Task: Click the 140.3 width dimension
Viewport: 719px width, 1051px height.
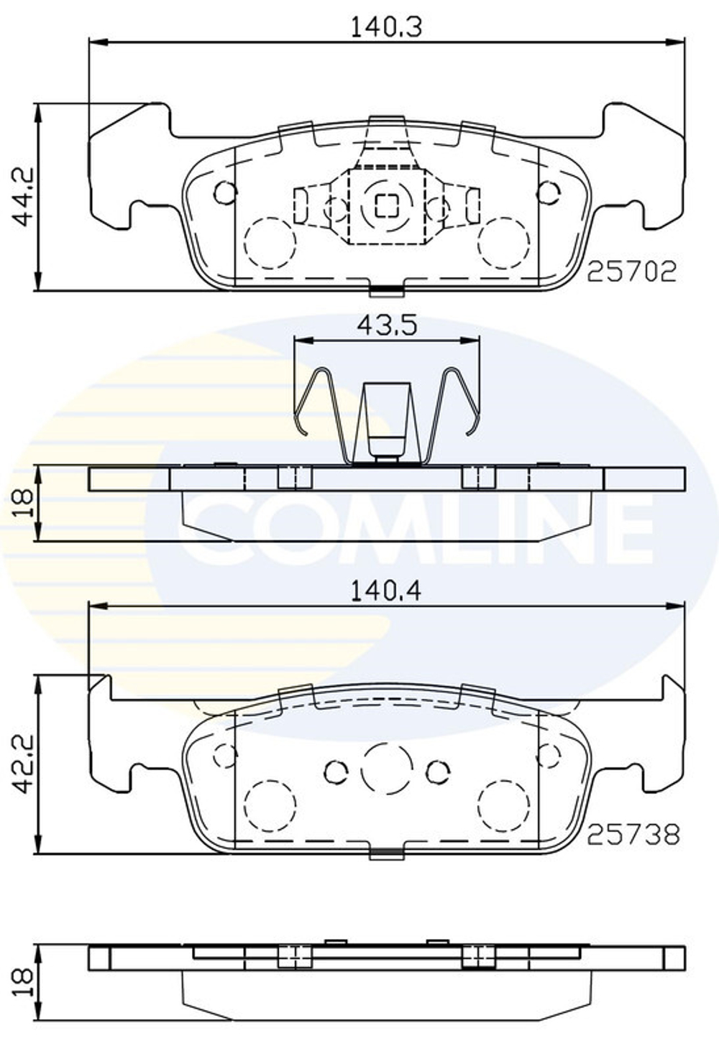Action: (385, 27)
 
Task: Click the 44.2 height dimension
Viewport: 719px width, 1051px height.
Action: (24, 198)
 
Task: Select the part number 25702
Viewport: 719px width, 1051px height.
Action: (631, 271)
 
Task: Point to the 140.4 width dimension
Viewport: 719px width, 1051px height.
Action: (385, 591)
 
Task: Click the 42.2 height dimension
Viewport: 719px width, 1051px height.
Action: (24, 764)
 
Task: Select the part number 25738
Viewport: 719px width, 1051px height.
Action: (633, 834)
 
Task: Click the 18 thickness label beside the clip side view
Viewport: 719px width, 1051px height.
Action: (23, 503)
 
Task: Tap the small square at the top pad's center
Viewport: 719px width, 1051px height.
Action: (387, 206)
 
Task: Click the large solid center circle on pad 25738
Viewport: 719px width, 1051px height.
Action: (387, 769)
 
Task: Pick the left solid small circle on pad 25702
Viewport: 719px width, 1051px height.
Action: (225, 193)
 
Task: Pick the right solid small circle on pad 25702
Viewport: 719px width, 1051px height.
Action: (549, 193)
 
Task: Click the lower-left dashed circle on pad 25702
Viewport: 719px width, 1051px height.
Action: (270, 243)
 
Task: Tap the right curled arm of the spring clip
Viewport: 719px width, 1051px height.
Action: (461, 402)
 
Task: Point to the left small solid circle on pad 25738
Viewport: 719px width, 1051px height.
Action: (336, 772)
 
